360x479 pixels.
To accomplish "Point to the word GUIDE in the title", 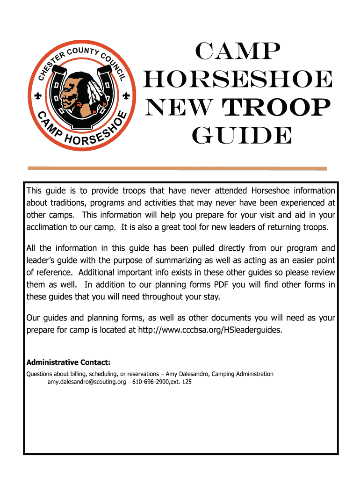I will (241, 137).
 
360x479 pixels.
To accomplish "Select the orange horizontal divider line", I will (177, 168).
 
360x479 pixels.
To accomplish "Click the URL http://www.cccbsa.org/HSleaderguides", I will (210, 330).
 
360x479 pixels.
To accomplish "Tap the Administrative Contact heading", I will (68, 362).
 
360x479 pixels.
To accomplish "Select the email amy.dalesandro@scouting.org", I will (87, 382).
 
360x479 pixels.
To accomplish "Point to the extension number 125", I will (187, 382).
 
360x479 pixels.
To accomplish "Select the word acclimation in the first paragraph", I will (48, 227).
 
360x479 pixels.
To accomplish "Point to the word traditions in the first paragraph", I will (67, 203).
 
